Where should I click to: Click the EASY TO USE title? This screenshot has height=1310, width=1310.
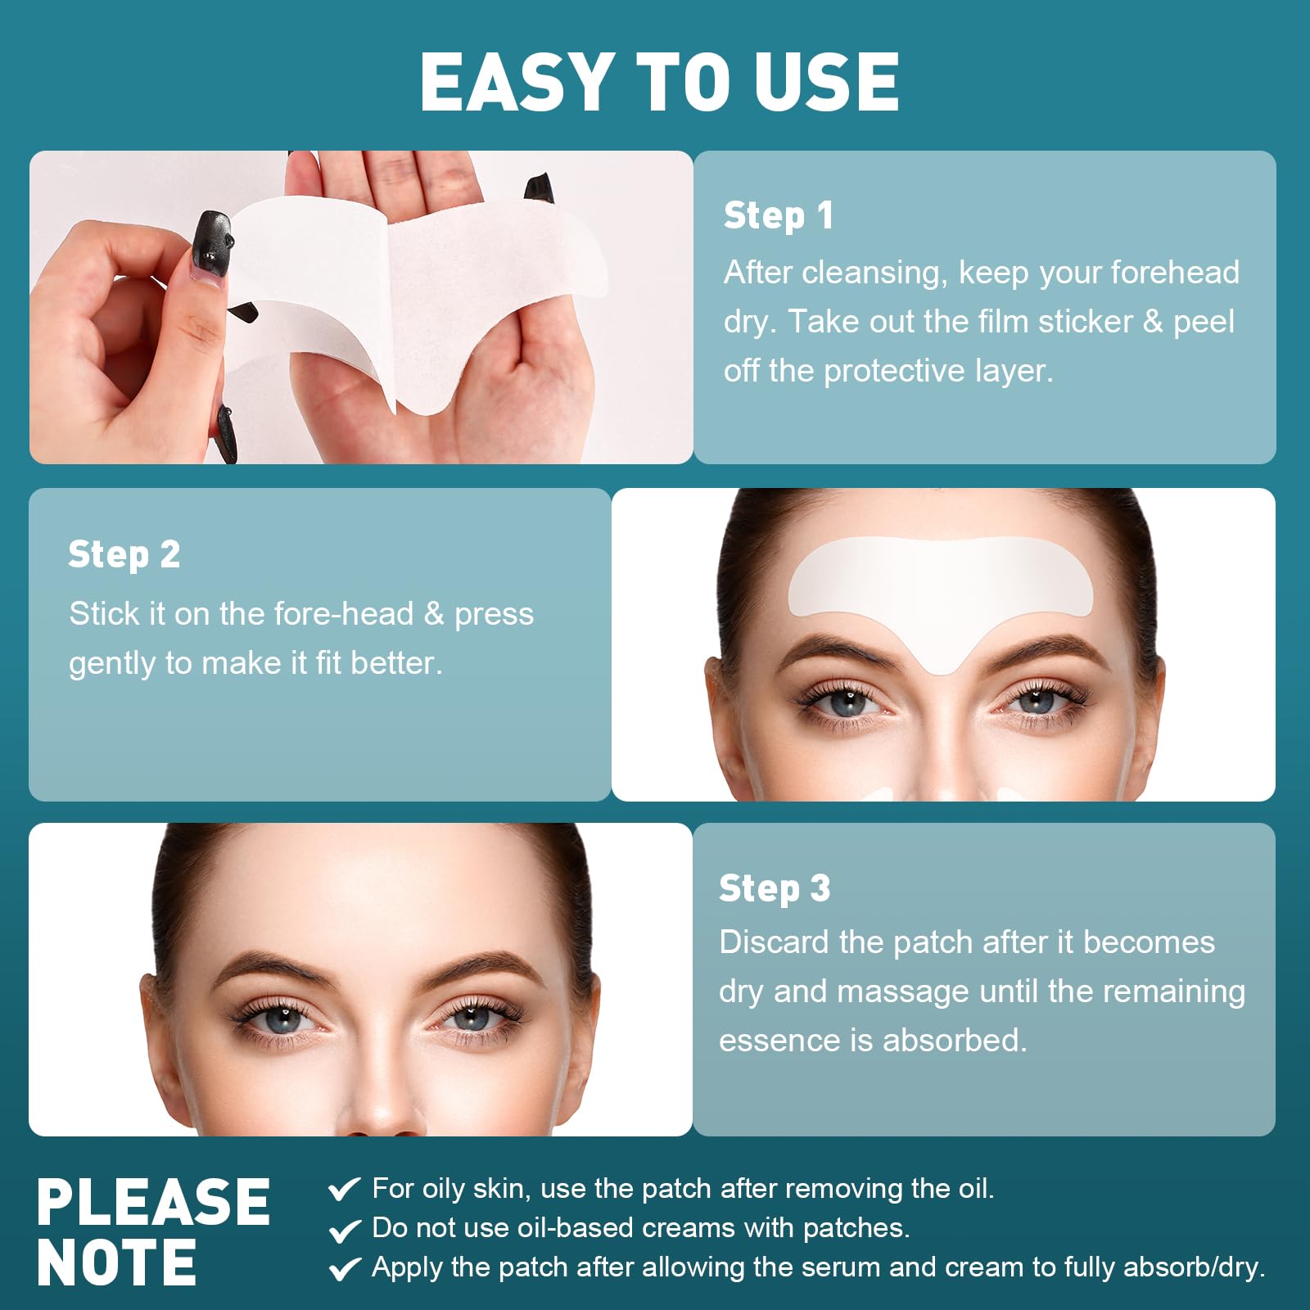coord(659,82)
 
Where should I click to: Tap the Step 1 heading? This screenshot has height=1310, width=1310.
coord(778,216)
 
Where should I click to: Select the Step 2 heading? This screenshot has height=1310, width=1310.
coord(124,555)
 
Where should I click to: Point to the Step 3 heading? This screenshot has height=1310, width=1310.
coord(774,888)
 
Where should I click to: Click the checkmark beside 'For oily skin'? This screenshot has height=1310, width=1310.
coord(344,1189)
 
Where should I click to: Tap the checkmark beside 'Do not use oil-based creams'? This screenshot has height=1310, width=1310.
coord(344,1229)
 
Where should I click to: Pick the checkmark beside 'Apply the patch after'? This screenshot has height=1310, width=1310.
coord(344,1268)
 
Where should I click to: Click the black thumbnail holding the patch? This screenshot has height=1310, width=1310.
coord(211,246)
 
